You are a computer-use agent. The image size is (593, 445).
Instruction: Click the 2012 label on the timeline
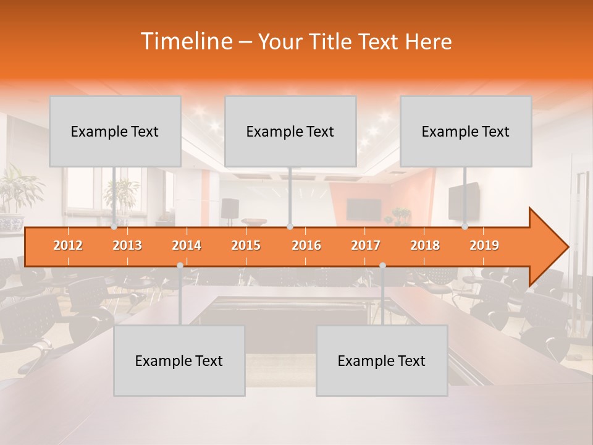(68, 246)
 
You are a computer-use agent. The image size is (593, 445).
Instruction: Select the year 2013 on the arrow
(127, 246)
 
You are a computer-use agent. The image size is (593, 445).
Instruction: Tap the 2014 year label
(187, 246)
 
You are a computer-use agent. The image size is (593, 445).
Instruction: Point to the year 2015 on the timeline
(246, 246)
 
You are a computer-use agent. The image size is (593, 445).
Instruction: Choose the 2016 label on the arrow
(306, 246)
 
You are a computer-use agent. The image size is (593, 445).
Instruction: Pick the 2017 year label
(366, 246)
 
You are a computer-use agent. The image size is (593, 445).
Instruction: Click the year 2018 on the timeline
(425, 246)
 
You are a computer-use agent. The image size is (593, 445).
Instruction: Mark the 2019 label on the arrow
(484, 246)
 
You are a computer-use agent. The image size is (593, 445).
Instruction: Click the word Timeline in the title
(185, 41)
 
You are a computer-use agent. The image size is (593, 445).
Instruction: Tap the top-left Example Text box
(115, 131)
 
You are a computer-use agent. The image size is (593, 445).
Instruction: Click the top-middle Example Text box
(290, 131)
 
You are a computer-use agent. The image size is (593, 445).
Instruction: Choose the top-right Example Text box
(466, 131)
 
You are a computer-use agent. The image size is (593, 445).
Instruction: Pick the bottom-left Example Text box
(179, 360)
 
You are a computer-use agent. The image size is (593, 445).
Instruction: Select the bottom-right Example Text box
(382, 360)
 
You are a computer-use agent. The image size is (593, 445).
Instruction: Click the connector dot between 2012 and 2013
(114, 227)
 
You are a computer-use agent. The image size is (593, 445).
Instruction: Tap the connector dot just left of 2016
(290, 227)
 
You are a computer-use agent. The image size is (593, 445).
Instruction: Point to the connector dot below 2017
(382, 265)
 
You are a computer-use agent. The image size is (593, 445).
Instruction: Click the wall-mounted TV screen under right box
(463, 201)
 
